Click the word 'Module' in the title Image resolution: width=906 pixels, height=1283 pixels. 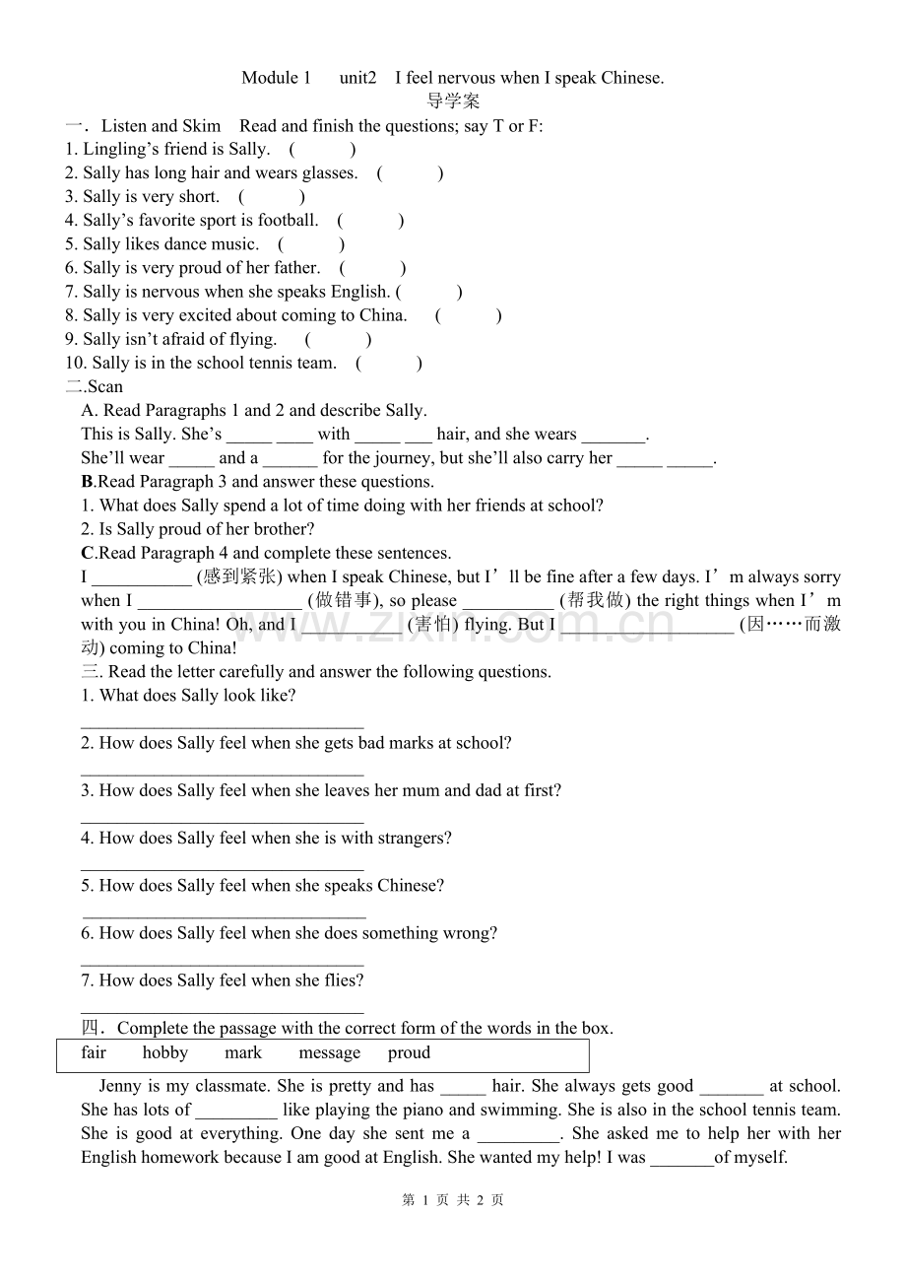click(269, 78)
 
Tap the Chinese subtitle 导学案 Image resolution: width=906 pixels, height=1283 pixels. click(453, 101)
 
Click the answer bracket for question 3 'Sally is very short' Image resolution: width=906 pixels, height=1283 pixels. click(272, 196)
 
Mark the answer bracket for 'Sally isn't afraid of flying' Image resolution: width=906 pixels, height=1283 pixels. click(338, 339)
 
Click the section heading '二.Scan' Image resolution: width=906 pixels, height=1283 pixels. click(95, 386)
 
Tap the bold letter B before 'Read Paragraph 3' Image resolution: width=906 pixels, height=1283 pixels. click(87, 482)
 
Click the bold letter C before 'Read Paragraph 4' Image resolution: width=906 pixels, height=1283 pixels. click(88, 553)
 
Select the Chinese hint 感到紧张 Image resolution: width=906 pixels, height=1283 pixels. click(239, 576)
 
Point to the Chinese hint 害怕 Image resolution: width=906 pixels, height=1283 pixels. click(432, 624)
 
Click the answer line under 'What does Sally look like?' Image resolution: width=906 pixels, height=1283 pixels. click(222, 725)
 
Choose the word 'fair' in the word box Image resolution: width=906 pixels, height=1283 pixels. click(94, 1052)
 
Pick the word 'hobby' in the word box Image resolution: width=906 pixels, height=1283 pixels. click(164, 1052)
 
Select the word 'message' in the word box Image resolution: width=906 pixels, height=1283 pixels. click(329, 1052)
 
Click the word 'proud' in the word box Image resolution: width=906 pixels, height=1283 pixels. click(409, 1052)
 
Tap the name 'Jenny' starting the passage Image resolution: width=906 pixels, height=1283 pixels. click(120, 1086)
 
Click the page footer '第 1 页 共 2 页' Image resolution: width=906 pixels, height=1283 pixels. click(453, 1199)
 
